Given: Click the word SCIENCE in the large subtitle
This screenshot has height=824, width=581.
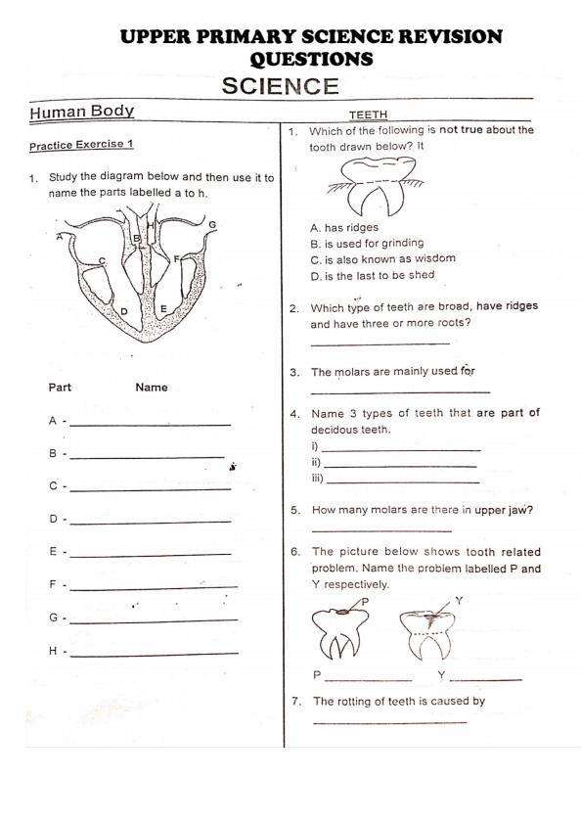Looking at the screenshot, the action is point(280,86).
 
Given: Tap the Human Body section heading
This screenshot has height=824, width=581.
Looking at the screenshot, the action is point(82,112).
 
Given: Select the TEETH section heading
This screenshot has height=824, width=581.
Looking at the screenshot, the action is point(368,114).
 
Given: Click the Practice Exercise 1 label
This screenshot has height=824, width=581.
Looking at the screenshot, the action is point(81,145).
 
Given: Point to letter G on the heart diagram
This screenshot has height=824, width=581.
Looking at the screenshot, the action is point(212,224).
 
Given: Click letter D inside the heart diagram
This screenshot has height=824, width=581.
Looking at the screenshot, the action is point(124,311).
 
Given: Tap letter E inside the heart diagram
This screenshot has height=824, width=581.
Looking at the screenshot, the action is point(163,309).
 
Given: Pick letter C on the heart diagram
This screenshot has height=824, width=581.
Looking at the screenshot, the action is point(102,261).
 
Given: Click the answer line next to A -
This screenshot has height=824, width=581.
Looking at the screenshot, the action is point(151,424).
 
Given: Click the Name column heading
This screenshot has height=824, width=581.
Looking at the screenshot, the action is point(152,388).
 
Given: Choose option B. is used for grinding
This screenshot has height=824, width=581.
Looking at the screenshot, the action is point(367,244).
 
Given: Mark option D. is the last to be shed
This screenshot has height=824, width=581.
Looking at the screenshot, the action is point(373,275).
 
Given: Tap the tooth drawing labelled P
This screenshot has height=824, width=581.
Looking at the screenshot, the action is point(338,633).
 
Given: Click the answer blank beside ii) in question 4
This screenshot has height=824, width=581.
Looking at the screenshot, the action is point(400,466).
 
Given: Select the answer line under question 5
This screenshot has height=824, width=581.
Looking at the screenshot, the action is point(381,531).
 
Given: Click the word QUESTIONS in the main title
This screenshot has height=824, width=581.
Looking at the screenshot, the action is point(311,59).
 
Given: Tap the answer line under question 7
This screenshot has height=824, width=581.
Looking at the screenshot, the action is point(389,722).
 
